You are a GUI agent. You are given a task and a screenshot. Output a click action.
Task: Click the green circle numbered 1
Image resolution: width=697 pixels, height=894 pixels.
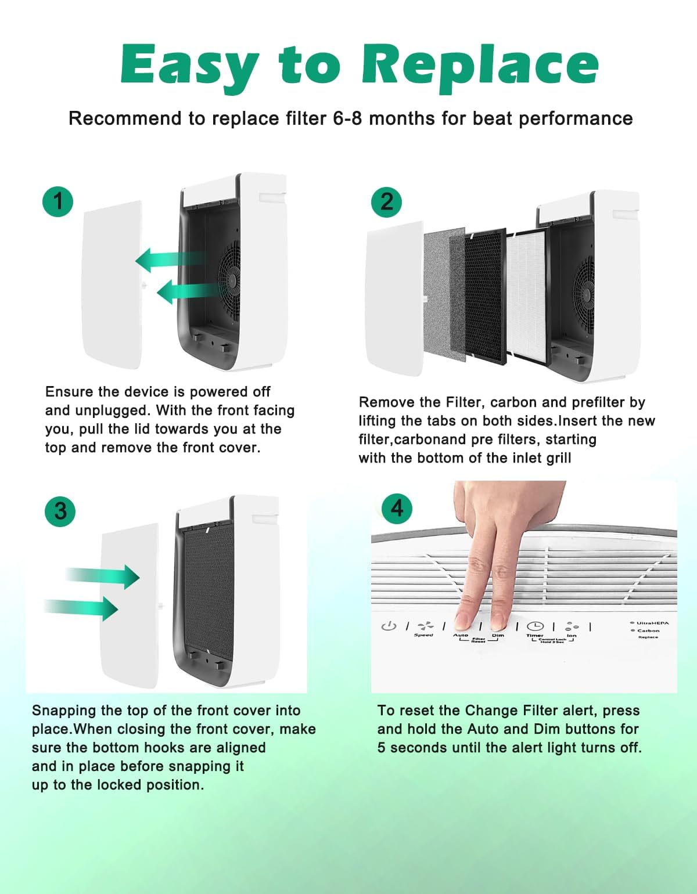pos(58,201)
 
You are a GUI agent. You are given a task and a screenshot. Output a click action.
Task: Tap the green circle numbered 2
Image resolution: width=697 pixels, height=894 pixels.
pos(386,202)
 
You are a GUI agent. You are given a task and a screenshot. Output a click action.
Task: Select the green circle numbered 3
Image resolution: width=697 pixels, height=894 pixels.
pos(60,511)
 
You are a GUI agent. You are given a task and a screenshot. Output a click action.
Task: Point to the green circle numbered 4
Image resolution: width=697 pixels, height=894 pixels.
pos(397,509)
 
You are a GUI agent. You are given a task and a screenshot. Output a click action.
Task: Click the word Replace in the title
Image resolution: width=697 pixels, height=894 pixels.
pos(480,65)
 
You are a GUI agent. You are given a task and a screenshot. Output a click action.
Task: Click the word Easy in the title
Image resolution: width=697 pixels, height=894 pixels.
pos(189,65)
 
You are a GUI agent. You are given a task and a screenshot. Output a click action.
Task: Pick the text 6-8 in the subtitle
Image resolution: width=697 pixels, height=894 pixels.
pos(347,118)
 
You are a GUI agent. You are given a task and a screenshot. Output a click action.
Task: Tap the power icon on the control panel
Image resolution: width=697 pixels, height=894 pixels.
pos(389,626)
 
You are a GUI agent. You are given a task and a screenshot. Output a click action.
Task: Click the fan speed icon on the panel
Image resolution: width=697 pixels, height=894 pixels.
pos(426,626)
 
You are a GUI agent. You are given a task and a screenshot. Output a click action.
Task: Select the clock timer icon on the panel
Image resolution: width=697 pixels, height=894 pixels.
pos(535,626)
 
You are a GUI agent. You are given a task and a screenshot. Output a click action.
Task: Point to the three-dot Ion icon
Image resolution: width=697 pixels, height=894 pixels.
pos(572,626)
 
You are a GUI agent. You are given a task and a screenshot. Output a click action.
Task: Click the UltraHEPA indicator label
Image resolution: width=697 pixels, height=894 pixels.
pos(652,623)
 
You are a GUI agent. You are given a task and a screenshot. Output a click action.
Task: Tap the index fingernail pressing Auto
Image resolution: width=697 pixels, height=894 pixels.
pos(464,622)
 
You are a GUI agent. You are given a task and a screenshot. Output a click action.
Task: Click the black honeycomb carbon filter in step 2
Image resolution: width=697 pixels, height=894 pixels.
pos(485,296)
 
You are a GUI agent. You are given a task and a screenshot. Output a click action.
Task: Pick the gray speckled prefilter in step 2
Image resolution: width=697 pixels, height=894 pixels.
pos(444,293)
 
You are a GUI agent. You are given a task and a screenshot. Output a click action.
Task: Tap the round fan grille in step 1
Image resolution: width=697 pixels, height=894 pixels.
pos(231,280)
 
